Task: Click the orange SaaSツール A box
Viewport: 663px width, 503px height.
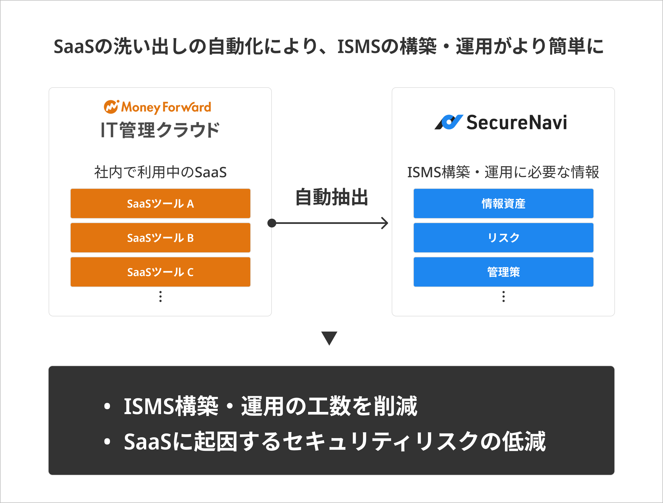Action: tap(160, 203)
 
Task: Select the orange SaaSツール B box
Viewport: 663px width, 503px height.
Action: tap(160, 238)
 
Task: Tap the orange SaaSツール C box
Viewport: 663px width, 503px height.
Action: tap(160, 272)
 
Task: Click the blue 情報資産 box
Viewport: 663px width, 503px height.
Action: tap(503, 203)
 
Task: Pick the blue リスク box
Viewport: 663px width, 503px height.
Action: tap(503, 238)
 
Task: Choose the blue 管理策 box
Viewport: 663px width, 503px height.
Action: tap(503, 272)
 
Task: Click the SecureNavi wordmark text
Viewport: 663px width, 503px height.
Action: tap(516, 123)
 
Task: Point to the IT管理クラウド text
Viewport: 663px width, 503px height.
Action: tap(160, 130)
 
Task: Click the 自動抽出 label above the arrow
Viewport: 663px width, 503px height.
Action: tap(331, 197)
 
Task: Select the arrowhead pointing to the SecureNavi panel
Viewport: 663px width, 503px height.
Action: tap(385, 223)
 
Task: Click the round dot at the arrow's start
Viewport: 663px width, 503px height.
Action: tap(272, 223)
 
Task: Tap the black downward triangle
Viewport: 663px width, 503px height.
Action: tap(329, 338)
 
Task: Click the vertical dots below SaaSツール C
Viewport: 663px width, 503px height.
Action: tap(160, 296)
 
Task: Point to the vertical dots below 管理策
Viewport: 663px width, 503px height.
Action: tap(504, 296)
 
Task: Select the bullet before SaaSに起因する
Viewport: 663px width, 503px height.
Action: tap(107, 441)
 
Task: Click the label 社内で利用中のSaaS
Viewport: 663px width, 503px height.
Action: tap(160, 172)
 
